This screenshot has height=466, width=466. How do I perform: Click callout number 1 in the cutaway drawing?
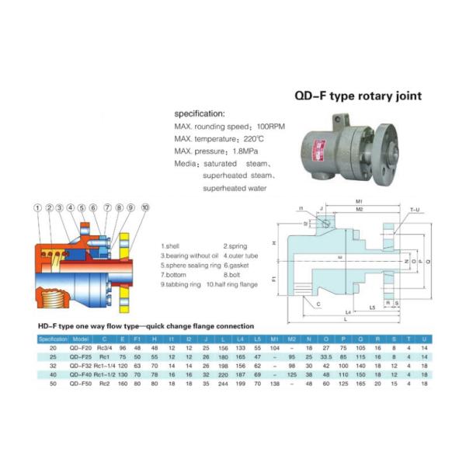click(37, 207)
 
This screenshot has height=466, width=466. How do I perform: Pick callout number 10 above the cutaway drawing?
click(144, 207)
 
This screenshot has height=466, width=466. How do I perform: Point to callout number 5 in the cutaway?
click(81, 207)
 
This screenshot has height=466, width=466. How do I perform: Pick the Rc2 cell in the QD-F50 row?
click(103, 383)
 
